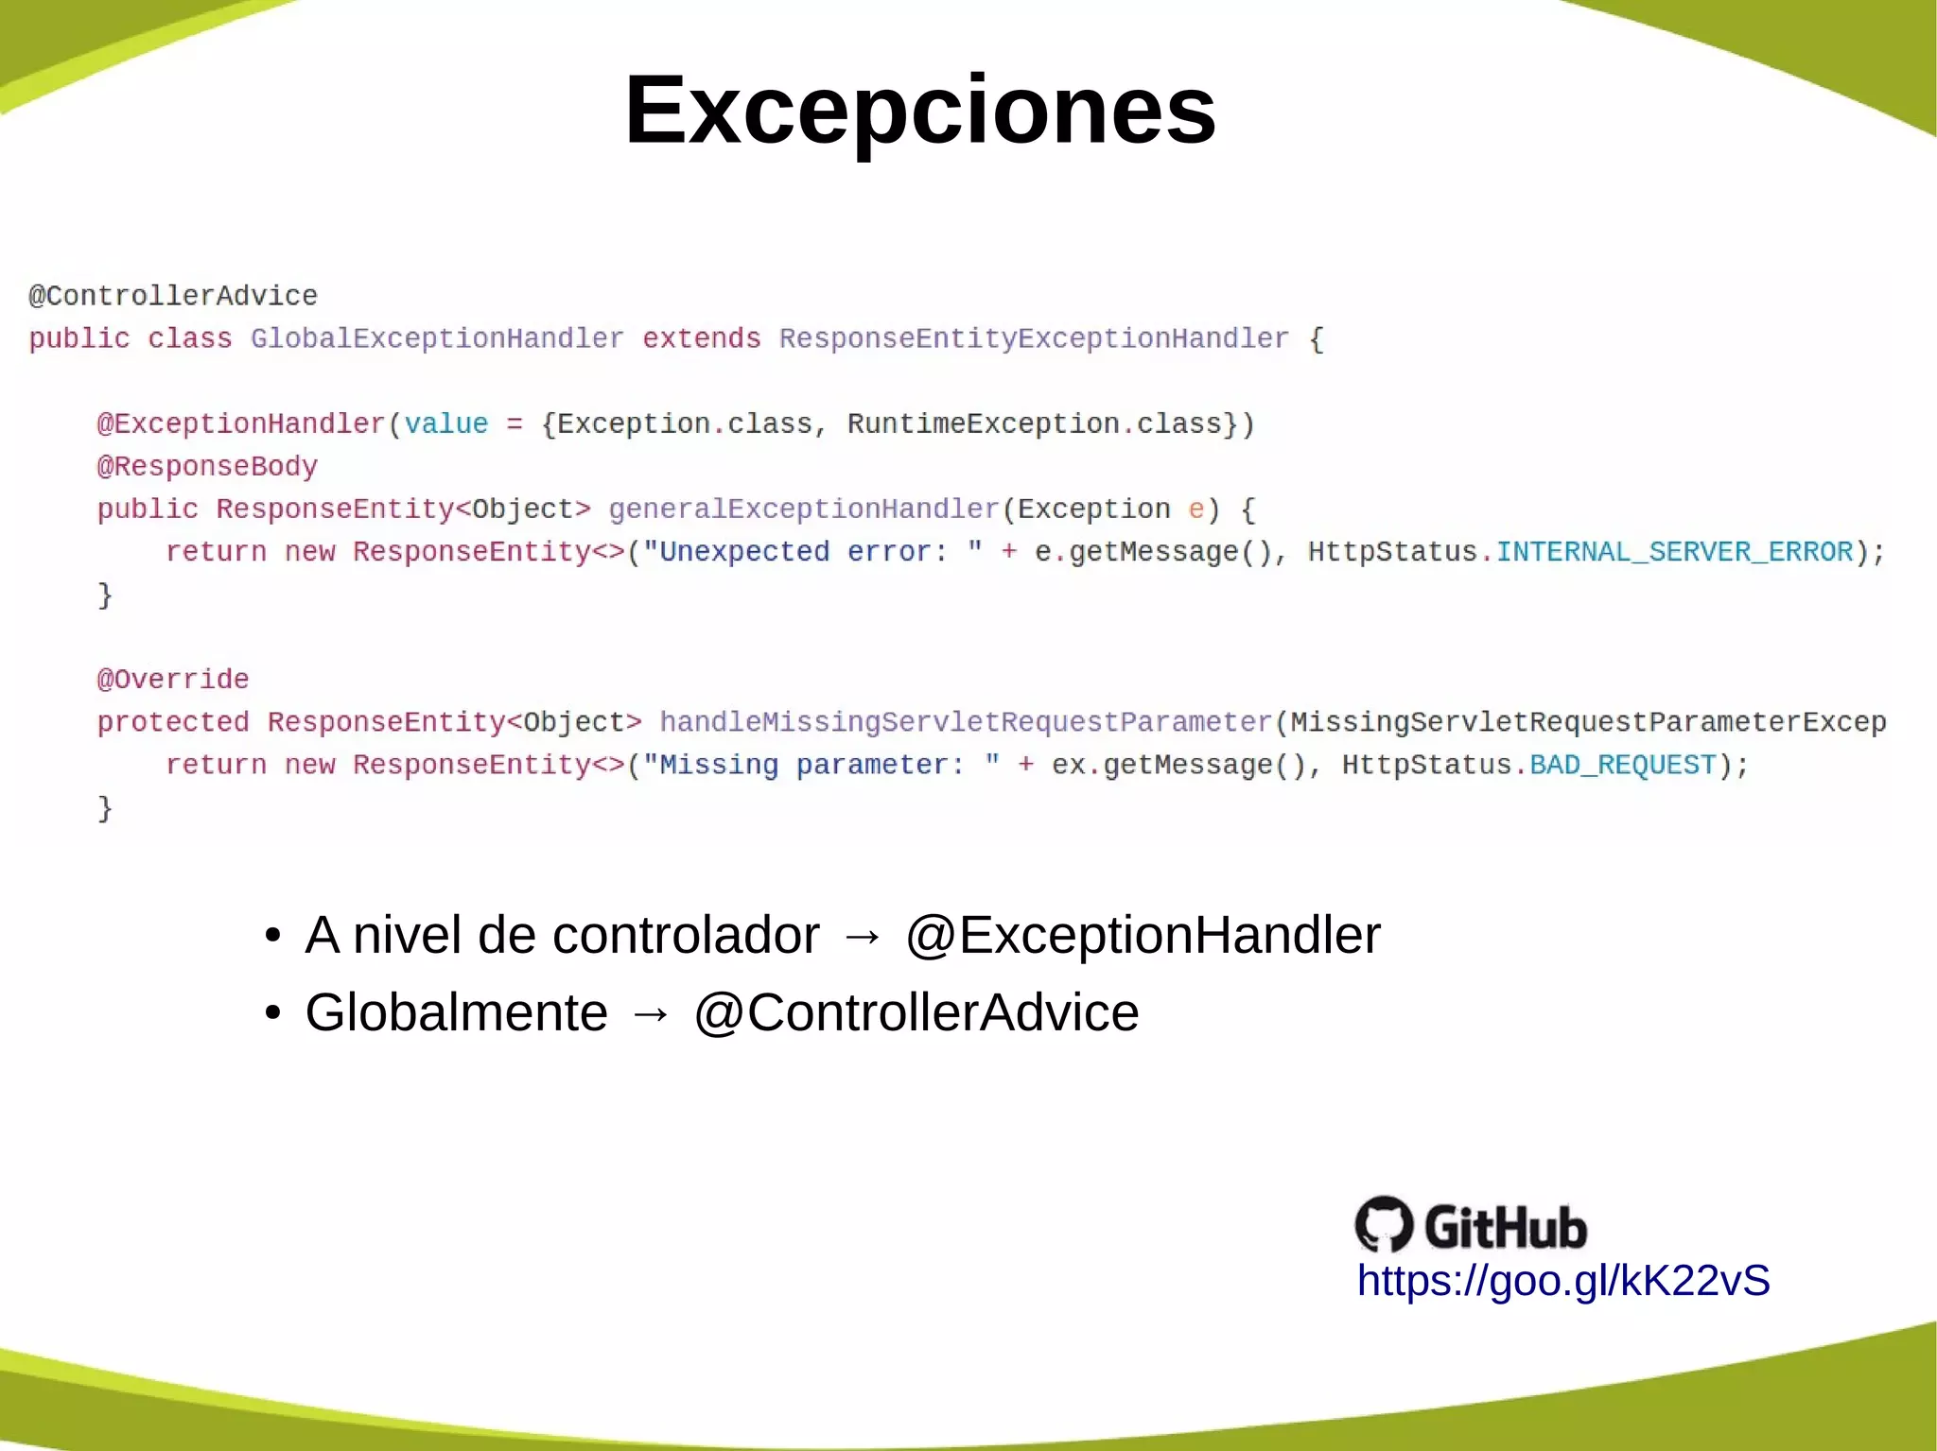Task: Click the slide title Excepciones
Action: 919,111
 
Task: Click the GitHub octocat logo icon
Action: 1384,1224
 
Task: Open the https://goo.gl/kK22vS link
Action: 1562,1281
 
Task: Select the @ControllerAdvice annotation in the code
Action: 173,296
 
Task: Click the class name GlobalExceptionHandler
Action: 437,338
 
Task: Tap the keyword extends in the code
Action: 701,338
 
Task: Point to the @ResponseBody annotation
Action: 207,466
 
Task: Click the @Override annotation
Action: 173,679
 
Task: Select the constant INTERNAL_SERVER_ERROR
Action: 1674,551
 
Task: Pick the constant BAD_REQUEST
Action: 1622,764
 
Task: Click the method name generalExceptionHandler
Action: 804,509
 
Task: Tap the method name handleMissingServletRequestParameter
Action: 966,721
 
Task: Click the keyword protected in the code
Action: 173,721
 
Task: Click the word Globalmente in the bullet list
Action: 456,1012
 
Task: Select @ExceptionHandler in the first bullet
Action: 1143,935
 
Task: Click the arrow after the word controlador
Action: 862,937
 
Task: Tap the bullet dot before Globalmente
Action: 273,1013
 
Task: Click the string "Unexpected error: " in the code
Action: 812,551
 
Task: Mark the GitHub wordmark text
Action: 1505,1227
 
